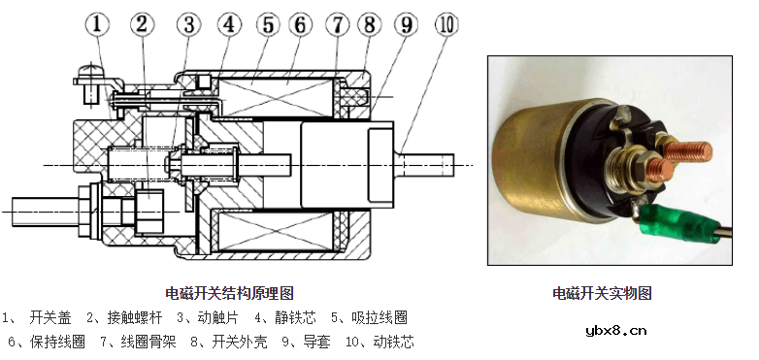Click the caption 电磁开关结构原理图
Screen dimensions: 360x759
pos(229,292)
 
